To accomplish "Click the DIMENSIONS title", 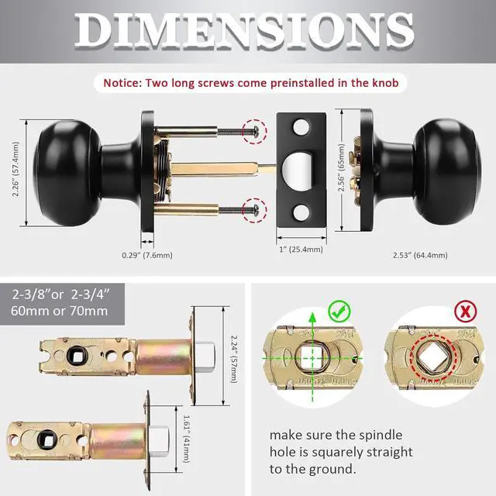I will (x=248, y=31).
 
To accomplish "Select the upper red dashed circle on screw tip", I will (x=253, y=131).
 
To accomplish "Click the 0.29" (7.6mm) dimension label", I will (x=147, y=254).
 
